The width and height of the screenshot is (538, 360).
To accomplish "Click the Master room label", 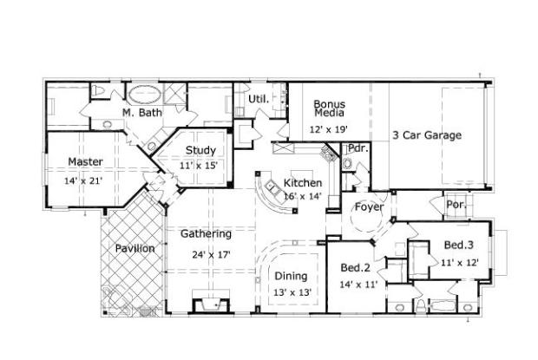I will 85,161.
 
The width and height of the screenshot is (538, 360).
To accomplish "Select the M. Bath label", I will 141,113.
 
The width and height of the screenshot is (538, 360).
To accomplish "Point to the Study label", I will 200,150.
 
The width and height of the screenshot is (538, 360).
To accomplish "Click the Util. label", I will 259,99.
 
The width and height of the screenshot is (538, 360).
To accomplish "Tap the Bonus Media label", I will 329,108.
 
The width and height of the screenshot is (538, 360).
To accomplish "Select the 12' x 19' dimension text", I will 328,129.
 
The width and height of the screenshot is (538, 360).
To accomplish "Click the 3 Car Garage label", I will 426,134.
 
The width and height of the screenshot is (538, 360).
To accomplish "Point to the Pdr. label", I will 358,148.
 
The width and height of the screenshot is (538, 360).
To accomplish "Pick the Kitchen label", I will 303,183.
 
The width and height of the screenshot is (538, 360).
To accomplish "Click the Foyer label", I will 369,206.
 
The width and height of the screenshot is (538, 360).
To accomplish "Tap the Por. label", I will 456,206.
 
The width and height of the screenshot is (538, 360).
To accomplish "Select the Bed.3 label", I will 459,245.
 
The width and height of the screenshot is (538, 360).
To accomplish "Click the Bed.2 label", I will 357,268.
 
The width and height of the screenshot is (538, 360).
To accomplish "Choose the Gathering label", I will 206,234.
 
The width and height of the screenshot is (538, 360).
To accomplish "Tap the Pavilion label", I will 134,249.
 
